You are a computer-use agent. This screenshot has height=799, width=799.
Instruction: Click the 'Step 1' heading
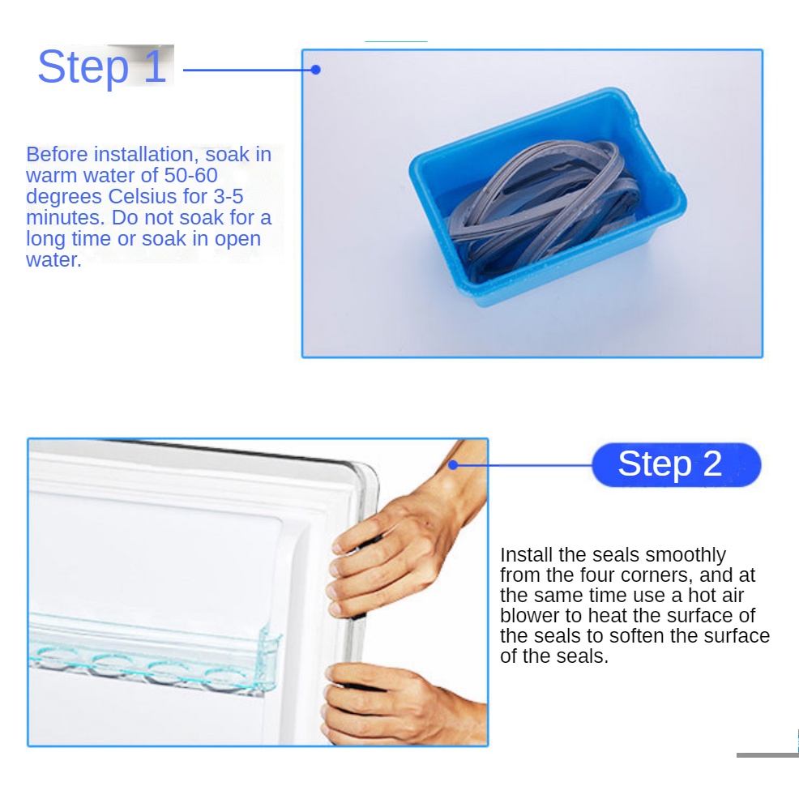(102, 66)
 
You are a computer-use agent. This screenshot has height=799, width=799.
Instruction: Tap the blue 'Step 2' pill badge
(676, 464)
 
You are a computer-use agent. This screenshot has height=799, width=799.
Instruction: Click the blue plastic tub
(548, 197)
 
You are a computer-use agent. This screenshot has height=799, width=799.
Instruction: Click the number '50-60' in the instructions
(190, 175)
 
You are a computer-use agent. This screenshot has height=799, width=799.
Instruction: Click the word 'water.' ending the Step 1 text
(53, 260)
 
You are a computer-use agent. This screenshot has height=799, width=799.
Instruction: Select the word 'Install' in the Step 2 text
(526, 554)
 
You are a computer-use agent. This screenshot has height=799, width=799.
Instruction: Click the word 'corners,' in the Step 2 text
(657, 575)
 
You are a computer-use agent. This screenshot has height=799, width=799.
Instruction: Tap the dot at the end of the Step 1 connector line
(315, 70)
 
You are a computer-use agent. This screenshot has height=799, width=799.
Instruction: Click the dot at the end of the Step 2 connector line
(453, 464)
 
